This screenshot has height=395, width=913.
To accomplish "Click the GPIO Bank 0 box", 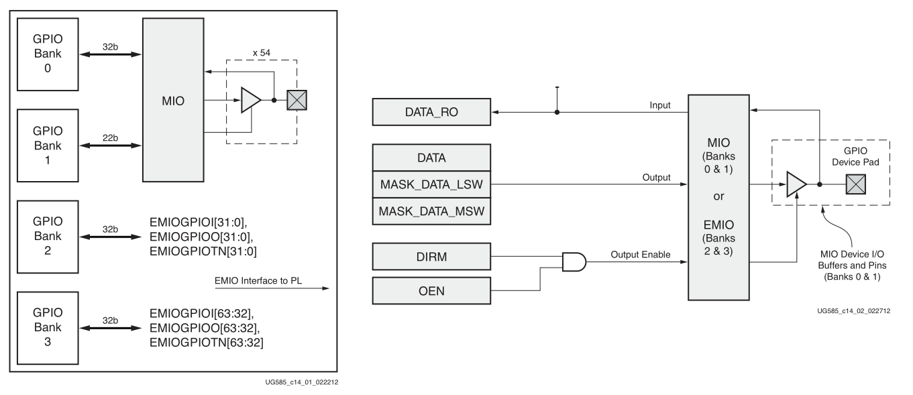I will point(44,52).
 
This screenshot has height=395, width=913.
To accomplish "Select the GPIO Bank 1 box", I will point(44,142).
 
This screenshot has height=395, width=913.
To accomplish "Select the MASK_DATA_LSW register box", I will point(431,184).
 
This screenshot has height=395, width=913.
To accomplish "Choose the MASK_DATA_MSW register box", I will point(431,211).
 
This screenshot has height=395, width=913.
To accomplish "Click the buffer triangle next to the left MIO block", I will point(250,101).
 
